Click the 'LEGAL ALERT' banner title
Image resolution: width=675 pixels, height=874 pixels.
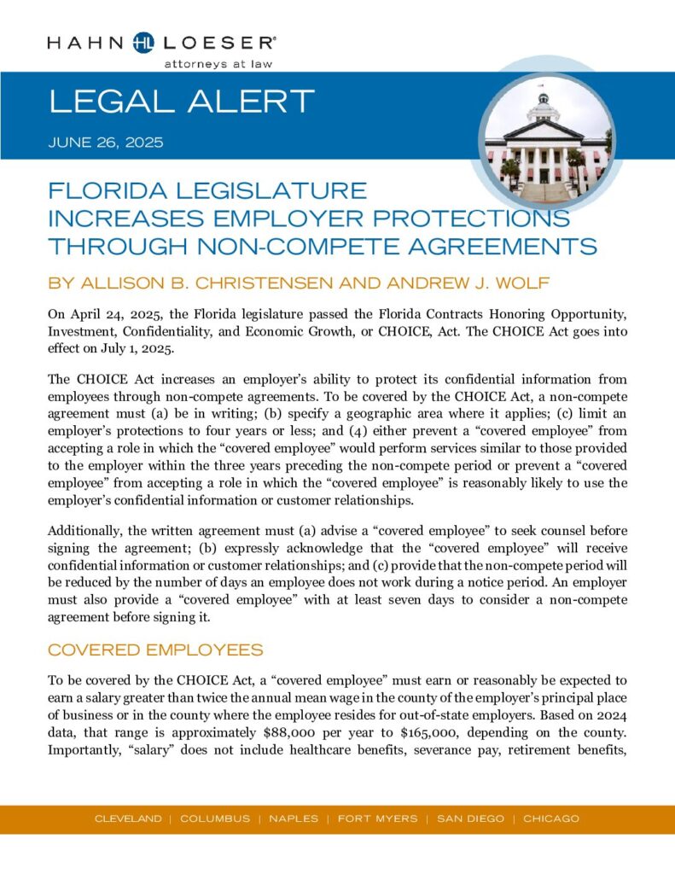coord(182,102)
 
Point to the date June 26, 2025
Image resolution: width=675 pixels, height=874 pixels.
coord(106,143)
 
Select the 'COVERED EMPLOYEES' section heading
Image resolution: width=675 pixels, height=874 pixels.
coord(154,650)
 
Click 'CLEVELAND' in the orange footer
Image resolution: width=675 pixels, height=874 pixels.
coord(127,819)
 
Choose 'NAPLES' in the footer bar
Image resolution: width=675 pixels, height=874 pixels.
coord(294,819)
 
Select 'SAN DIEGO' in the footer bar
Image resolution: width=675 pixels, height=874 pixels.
coord(470,819)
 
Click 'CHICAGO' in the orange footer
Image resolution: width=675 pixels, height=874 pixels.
coord(551,819)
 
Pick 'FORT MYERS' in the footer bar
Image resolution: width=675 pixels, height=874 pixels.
coord(377,819)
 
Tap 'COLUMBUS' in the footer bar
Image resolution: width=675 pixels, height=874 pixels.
coord(215,819)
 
